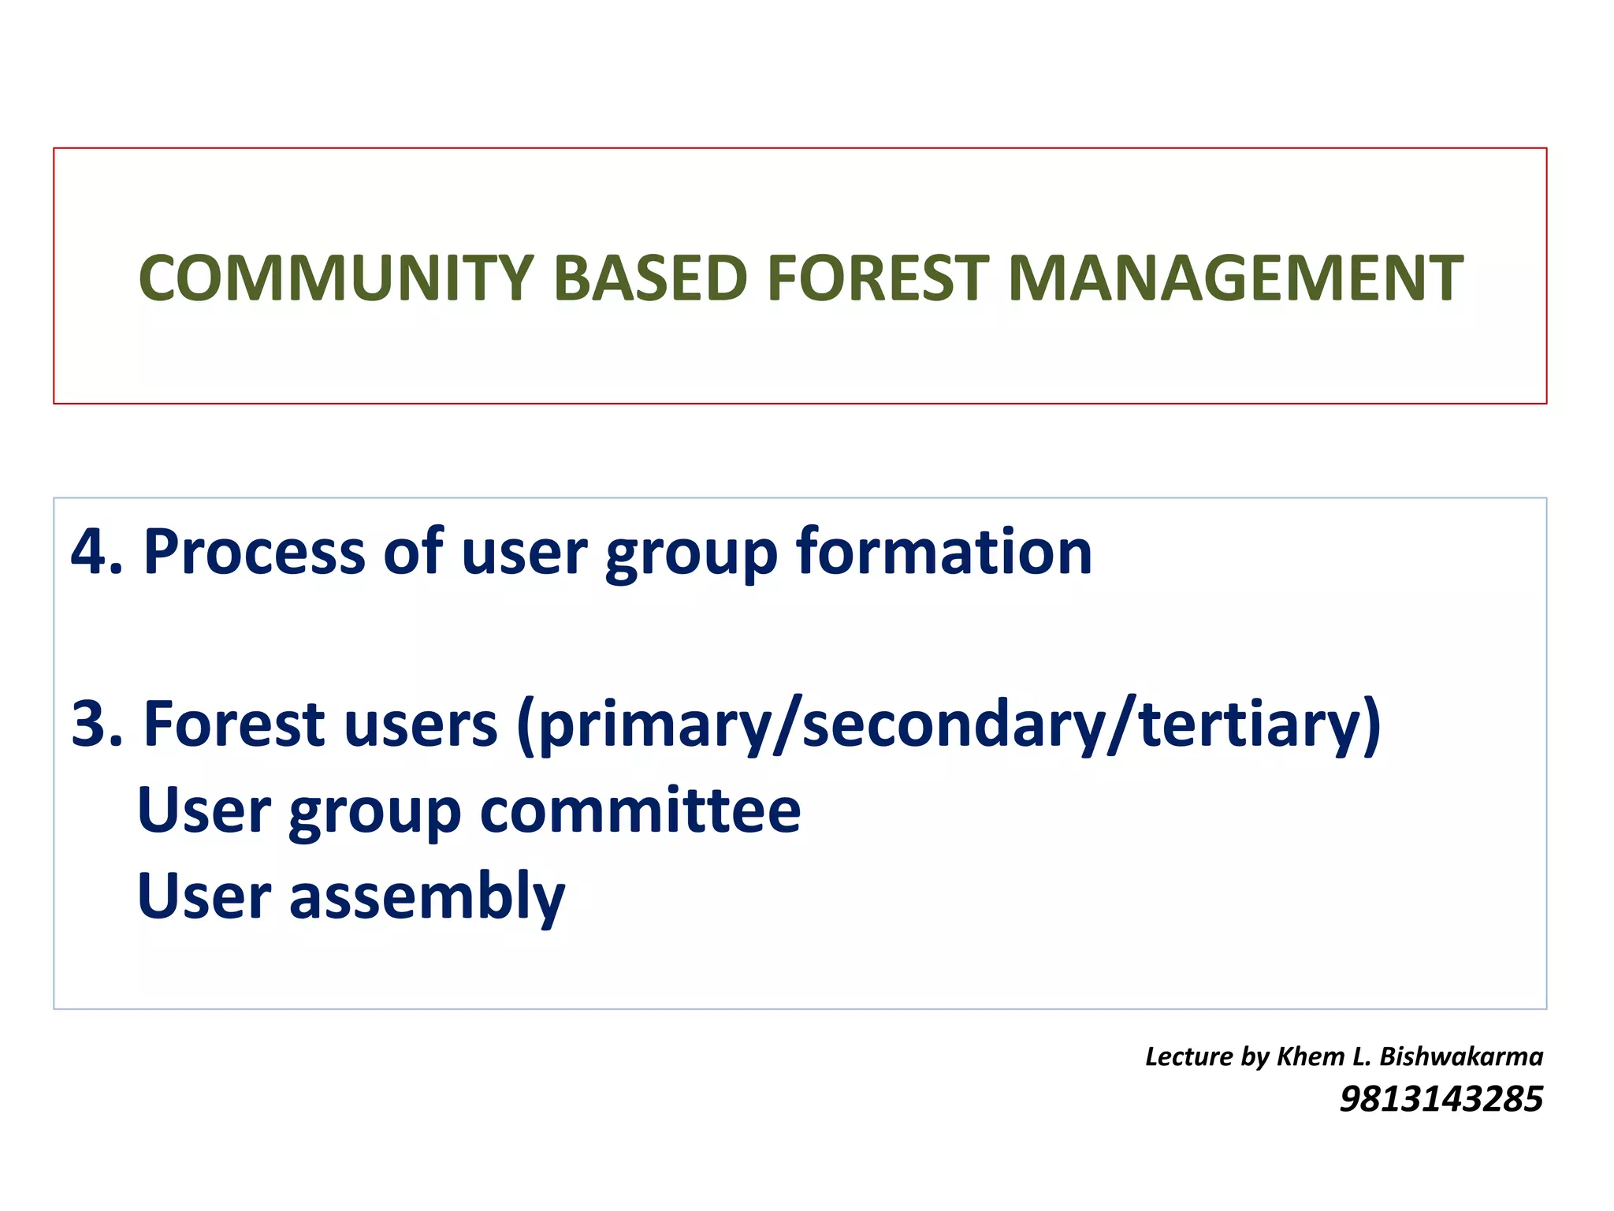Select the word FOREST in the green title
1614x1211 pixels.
[x=877, y=278]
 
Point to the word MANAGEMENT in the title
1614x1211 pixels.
[x=1235, y=278]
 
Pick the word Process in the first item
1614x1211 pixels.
[x=254, y=552]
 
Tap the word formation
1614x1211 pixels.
[x=943, y=552]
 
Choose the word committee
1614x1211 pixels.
[x=640, y=810]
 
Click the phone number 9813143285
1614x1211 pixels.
[x=1441, y=1099]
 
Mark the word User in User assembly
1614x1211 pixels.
[x=204, y=897]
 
